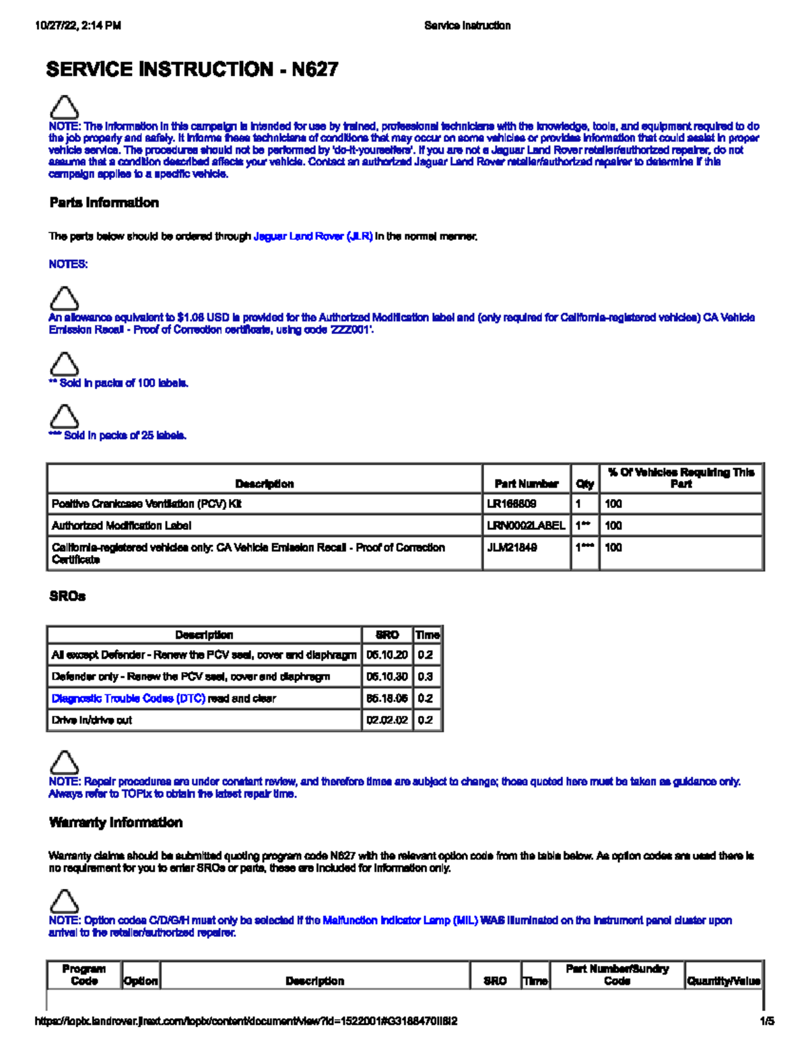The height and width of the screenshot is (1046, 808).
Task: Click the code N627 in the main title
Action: pos(314,69)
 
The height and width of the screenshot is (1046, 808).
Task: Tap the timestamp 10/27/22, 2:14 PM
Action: pos(78,26)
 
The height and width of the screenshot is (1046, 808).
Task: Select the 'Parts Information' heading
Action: pos(104,203)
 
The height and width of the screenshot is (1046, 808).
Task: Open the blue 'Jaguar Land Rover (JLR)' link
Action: pos(312,236)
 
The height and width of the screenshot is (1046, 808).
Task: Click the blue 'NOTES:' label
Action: pos(68,264)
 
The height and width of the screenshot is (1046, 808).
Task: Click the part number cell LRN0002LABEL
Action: pos(526,525)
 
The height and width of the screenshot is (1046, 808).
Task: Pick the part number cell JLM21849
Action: pos(512,548)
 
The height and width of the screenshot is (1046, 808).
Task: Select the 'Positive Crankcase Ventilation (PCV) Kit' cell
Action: pos(146,504)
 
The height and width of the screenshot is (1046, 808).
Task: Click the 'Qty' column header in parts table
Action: pos(584,484)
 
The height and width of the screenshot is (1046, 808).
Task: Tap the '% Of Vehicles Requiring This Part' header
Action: pos(681,478)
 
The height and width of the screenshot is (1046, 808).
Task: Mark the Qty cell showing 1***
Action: pos(584,548)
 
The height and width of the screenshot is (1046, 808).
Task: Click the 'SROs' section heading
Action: pos(67,596)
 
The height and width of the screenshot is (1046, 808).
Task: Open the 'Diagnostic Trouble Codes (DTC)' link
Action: pos(129,698)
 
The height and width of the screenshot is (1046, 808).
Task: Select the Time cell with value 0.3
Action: pos(425,676)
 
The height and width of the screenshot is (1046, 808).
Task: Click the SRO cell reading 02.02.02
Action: pos(386,720)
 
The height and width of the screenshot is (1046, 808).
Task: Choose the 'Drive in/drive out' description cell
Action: pos(92,720)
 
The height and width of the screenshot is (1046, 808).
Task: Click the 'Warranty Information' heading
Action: pos(116,822)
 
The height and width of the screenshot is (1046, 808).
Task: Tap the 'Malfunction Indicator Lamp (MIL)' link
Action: pos(400,920)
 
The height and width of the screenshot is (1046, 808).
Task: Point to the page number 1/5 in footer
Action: pos(766,1021)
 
